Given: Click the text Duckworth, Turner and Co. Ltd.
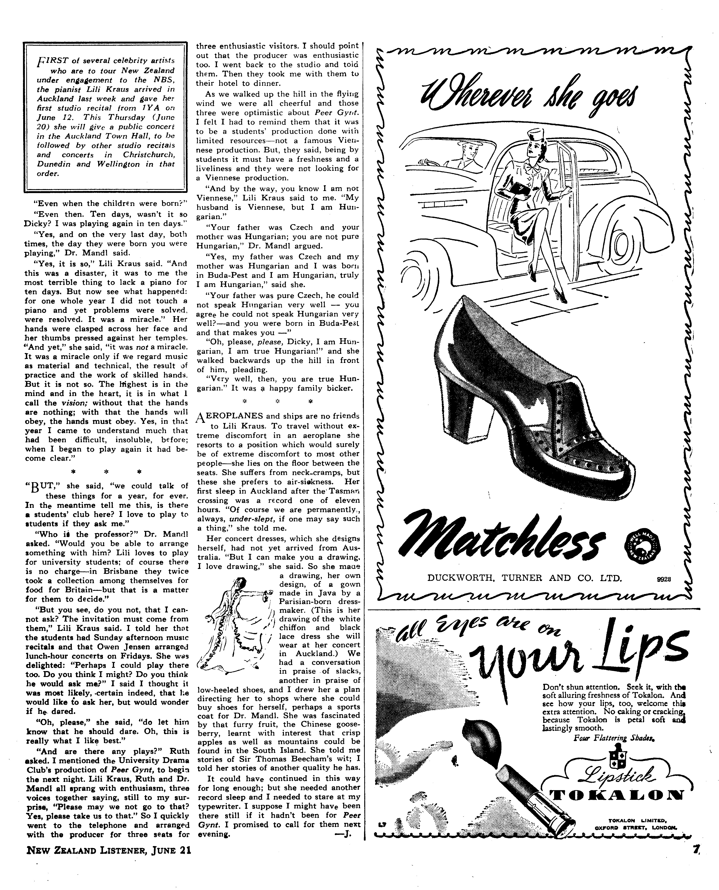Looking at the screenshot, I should click(x=524, y=578).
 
